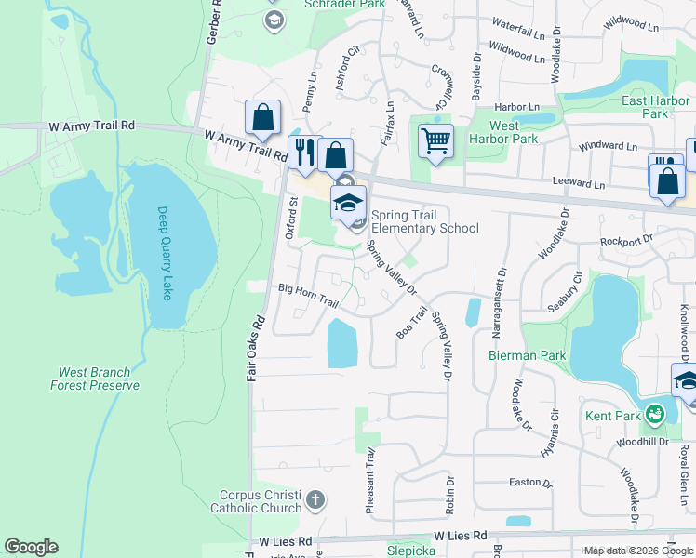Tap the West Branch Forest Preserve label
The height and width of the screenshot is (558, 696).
pos(96,379)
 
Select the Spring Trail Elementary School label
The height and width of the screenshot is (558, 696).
pos(425,222)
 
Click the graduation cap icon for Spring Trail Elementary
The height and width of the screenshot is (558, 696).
pos(348,204)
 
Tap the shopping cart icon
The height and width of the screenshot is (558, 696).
pos(435,141)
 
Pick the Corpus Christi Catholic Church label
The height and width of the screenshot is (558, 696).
pos(261,502)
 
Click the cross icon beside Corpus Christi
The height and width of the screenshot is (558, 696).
pos(315,501)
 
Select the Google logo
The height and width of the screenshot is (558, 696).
pos(31,547)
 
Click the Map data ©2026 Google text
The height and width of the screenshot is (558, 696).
pos(637,551)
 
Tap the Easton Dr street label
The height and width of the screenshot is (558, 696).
pos(529,484)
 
